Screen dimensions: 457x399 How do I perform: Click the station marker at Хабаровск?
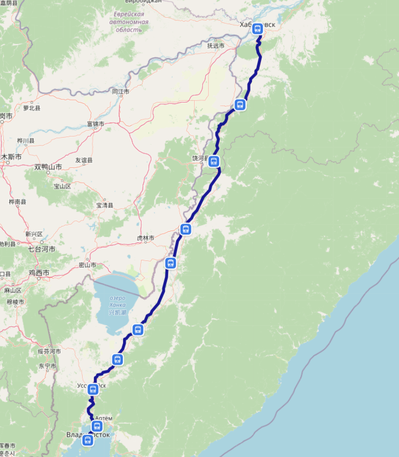(258, 29)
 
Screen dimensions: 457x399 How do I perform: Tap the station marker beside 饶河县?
(214, 161)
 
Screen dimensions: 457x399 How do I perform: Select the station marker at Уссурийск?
(93, 390)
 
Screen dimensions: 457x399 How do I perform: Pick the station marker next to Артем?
(97, 426)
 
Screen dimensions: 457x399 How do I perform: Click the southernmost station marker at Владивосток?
(87, 440)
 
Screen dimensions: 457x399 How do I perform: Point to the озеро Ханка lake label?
(118, 304)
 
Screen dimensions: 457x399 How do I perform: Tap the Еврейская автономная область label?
(129, 22)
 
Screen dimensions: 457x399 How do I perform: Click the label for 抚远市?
(215, 46)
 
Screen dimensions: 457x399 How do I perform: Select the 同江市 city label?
(120, 92)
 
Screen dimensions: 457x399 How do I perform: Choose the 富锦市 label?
(96, 124)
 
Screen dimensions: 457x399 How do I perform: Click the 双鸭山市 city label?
(48, 167)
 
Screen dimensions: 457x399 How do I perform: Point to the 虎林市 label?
(145, 239)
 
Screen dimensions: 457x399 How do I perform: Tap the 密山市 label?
(87, 265)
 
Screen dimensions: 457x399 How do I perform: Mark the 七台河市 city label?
(41, 248)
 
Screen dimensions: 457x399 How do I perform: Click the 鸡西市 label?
(39, 273)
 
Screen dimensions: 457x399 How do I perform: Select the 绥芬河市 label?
(49, 352)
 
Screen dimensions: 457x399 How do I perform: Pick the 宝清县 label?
(105, 205)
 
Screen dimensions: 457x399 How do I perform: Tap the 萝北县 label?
(32, 108)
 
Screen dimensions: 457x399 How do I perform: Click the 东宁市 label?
(47, 367)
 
